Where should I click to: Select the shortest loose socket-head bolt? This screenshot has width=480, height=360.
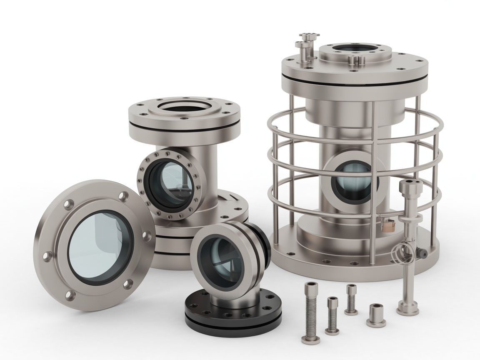click(x=351, y=300)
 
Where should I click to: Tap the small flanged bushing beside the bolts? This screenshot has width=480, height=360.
click(x=375, y=315)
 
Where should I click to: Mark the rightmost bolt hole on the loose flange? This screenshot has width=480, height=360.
click(x=147, y=236)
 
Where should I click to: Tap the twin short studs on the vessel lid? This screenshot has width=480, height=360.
click(x=357, y=60)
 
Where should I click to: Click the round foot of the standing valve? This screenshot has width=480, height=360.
click(x=407, y=309)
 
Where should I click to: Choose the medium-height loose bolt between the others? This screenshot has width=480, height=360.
click(x=332, y=315)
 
